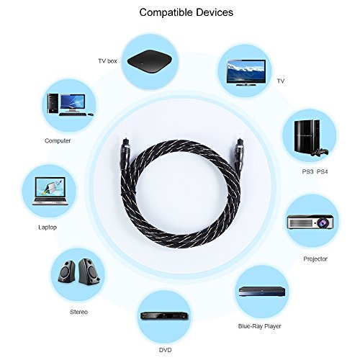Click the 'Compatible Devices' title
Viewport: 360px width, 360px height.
point(186,12)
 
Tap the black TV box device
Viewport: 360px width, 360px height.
point(150,61)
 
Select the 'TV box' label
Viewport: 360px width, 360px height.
point(107,61)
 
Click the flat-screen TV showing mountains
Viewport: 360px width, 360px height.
point(246,73)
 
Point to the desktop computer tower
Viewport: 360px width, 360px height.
point(53,104)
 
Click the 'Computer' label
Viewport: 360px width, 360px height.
point(58,140)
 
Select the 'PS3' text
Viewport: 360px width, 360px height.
point(307,171)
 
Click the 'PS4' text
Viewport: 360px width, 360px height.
point(322,171)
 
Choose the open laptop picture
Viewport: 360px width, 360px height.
point(50,192)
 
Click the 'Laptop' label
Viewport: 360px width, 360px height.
point(48,228)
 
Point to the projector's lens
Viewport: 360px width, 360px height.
point(322,223)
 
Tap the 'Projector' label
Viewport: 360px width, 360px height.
point(315,259)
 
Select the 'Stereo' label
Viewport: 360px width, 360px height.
point(78,312)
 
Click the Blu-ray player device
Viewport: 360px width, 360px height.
point(262,292)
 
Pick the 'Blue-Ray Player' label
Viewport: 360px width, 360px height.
point(259,326)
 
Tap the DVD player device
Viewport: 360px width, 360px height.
point(164,315)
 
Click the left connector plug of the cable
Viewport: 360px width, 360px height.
point(127,154)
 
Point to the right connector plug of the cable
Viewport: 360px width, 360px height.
point(239,155)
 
